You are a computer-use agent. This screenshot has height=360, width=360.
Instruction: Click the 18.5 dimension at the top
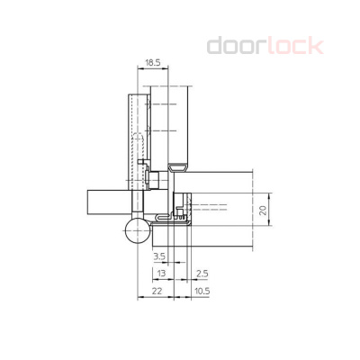coord(151,64)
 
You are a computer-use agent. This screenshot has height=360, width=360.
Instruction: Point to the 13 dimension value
coord(160,273)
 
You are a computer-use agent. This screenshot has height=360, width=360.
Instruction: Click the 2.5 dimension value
coord(202,273)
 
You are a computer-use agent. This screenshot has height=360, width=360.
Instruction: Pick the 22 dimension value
coord(157,291)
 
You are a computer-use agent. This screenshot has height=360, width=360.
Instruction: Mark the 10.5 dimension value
coord(201,291)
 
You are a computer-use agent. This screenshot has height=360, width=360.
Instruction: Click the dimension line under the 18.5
coord(151,71)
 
